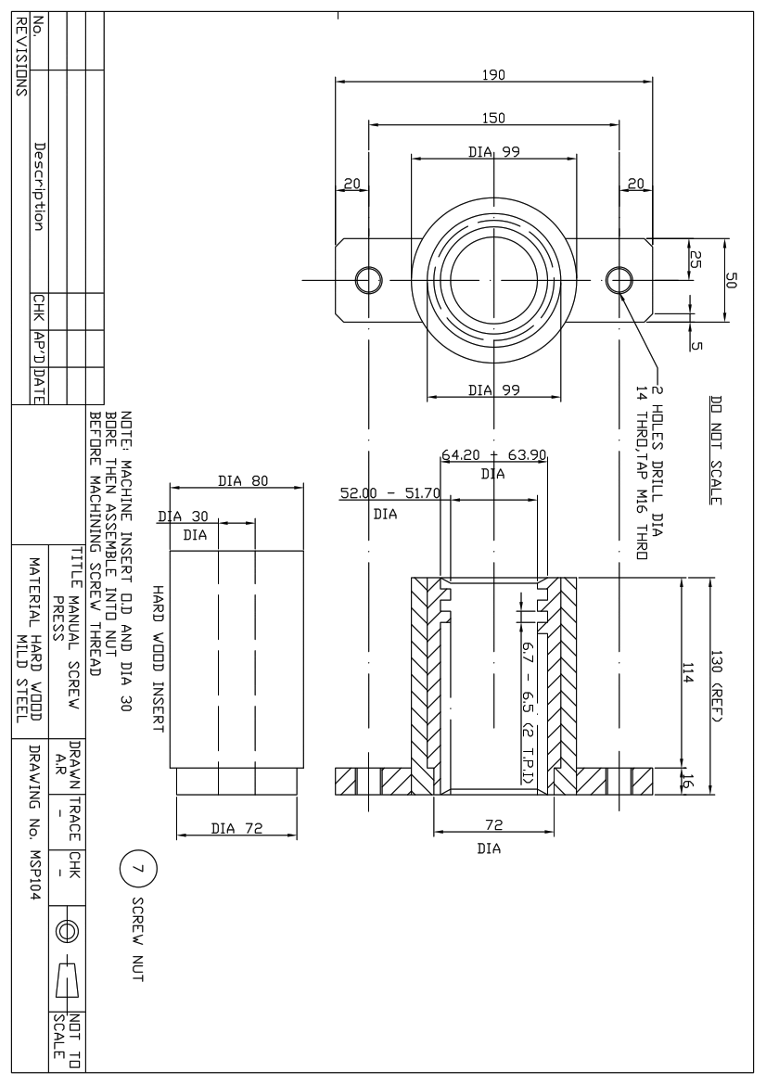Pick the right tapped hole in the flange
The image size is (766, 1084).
pyautogui.click(x=619, y=278)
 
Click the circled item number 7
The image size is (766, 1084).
pyautogui.click(x=136, y=870)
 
